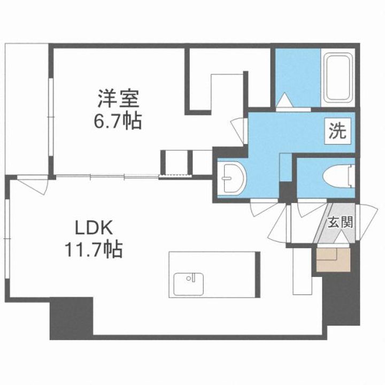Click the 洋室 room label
[118, 99]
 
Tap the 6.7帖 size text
[118, 121]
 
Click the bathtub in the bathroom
[338, 79]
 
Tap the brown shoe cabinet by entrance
[330, 260]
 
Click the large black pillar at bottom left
[72, 319]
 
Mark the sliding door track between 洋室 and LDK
[107, 176]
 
